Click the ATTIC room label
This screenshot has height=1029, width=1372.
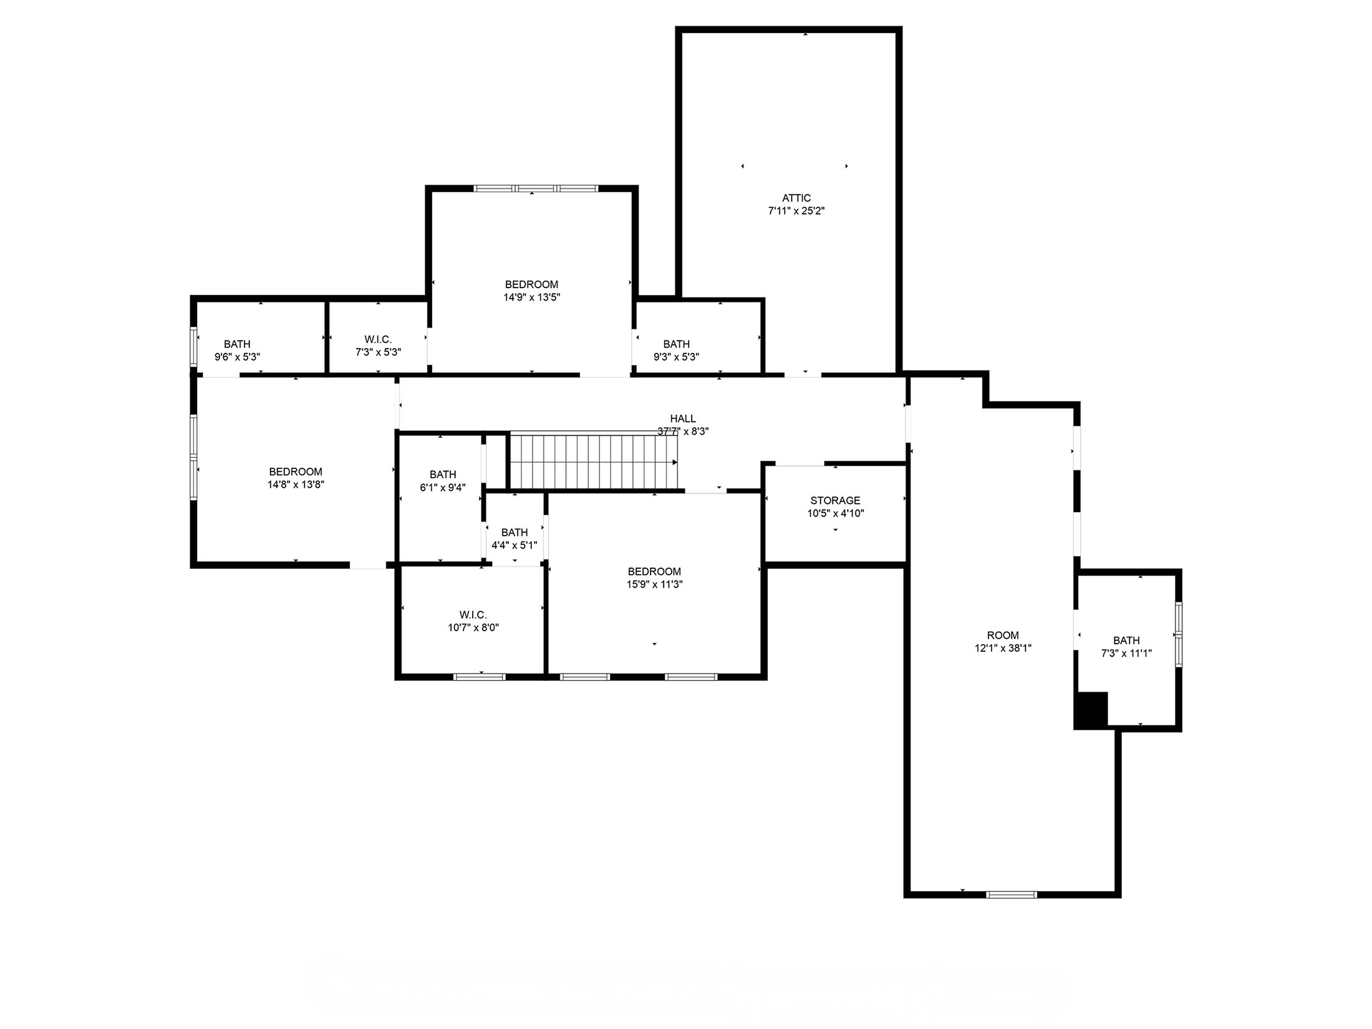point(796,198)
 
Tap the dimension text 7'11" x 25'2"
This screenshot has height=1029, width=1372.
point(796,211)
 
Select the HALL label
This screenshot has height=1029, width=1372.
point(683,418)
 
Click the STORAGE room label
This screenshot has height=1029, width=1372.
point(835,501)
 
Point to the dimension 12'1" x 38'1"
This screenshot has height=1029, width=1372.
point(1003,649)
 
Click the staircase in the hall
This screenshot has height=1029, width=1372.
point(592,462)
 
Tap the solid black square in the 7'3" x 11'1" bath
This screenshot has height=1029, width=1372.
point(1092,709)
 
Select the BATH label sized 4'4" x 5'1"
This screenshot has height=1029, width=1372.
point(514,533)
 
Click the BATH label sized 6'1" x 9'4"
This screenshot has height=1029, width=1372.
point(443,475)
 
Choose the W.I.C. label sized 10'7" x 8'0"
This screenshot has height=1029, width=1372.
point(473,615)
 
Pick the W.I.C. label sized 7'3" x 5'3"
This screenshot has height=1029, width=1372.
point(378,339)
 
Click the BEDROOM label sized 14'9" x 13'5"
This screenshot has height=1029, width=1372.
point(531,285)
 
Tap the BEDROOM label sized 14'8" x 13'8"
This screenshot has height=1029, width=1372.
point(296,472)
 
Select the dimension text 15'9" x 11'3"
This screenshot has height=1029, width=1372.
point(654,585)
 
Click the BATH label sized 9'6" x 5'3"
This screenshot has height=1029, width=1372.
point(237,344)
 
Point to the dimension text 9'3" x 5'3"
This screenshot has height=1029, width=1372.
point(676,357)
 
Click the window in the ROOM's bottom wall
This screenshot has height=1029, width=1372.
point(1011,895)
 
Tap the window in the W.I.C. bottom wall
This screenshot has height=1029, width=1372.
point(479,677)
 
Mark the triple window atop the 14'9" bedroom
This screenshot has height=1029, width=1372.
point(536,188)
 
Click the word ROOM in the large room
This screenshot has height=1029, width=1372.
point(1003,635)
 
